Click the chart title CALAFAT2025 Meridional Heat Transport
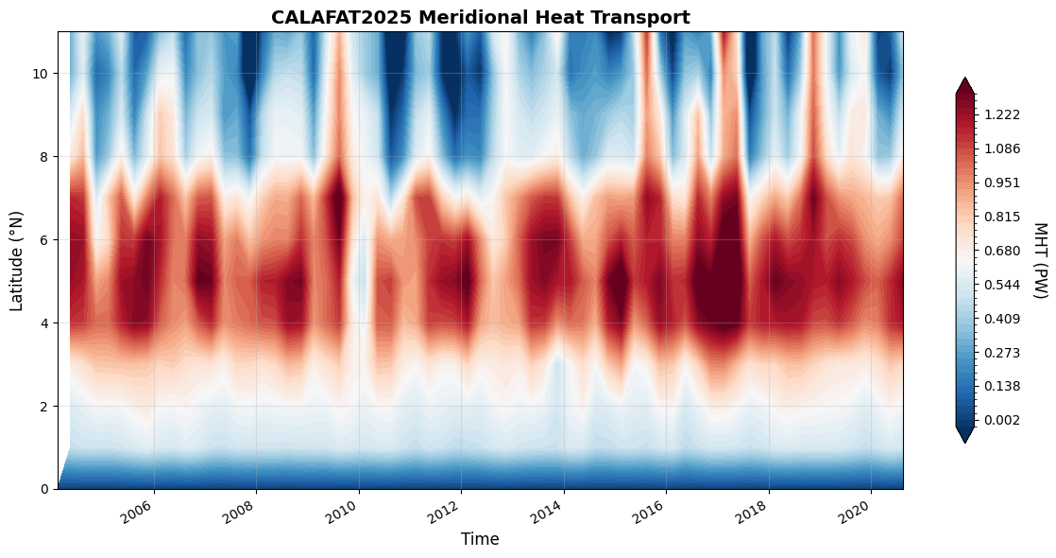[x=480, y=17]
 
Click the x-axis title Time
[x=480, y=539]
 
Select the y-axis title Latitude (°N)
[x=17, y=260]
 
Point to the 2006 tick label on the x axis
[x=138, y=514]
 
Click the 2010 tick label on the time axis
[x=343, y=514]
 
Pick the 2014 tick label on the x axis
[x=548, y=514]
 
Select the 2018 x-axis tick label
[x=753, y=514]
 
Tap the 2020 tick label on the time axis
[x=855, y=514]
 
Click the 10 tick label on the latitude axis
[x=43, y=73]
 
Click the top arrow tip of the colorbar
[x=965, y=79]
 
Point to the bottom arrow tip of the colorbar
[x=965, y=441]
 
